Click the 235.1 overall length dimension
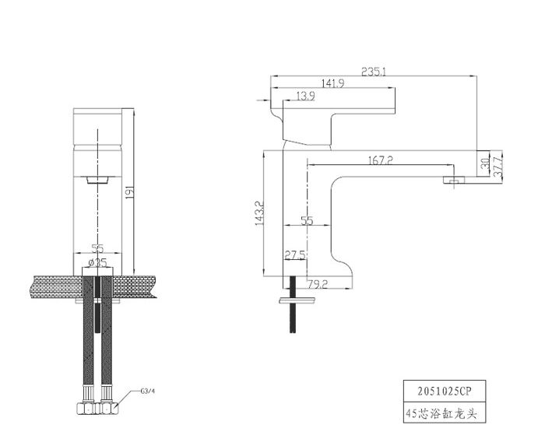coord(373,72)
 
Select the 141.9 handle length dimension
coord(332,83)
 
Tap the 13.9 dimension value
coord(306,96)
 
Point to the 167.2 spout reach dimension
coord(380,160)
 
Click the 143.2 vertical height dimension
coord(259,213)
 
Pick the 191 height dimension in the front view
coord(129,192)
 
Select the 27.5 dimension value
coord(295,255)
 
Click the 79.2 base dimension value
coord(318,284)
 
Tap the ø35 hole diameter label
coord(97,262)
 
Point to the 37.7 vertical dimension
coord(498,167)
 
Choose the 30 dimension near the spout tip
coord(485,163)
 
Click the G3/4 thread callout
coord(147,391)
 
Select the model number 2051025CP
coord(445,392)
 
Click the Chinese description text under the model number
coord(441,413)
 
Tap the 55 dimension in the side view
coord(307,220)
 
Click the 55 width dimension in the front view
coord(97,248)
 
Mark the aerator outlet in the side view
coord(454,180)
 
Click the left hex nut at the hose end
coord(86,408)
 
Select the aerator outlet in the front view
coord(97,180)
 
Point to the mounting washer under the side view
coord(297,300)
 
